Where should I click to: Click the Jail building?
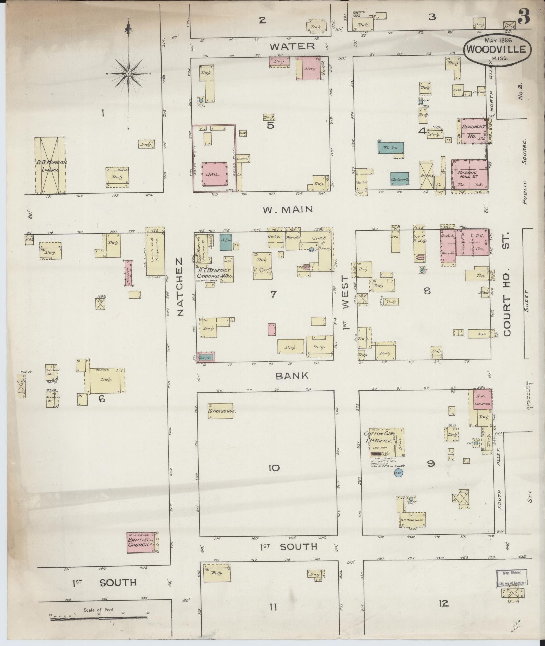[214, 174]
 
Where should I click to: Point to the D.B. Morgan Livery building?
[50, 165]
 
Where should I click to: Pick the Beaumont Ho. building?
[472, 131]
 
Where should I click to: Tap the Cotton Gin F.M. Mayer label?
[378, 437]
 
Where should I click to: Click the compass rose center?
[129, 73]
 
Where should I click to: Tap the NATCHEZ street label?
[179, 287]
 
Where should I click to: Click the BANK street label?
[292, 376]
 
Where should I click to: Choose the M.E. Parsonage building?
[412, 520]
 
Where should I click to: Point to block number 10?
[274, 468]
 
